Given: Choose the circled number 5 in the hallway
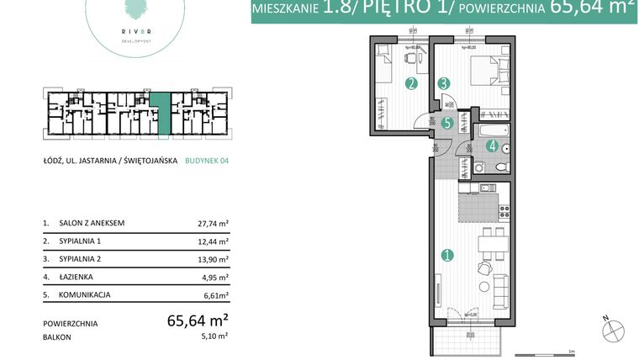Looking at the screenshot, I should tap(447, 123).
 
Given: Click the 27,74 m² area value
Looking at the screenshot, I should tap(210, 224).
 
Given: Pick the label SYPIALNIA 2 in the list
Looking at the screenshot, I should tap(85, 259).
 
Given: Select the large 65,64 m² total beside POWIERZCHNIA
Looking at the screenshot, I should tap(198, 320).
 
